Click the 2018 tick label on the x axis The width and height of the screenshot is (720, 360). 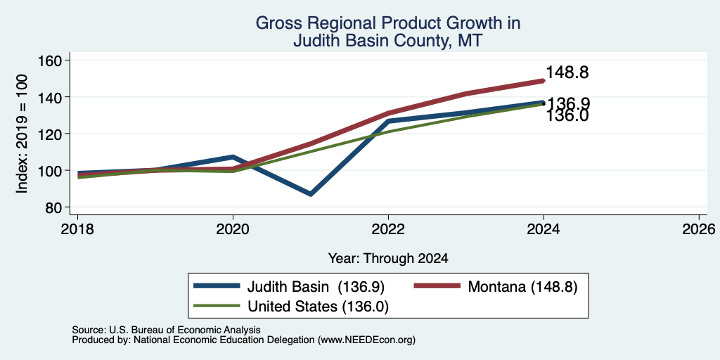click(78, 229)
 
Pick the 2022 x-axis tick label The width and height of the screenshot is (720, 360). click(388, 229)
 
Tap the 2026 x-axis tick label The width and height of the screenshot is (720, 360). click(699, 229)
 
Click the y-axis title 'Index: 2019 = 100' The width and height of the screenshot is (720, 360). click(22, 134)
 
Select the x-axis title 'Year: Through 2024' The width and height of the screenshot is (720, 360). click(388, 259)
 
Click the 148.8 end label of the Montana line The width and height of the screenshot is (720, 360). click(567, 72)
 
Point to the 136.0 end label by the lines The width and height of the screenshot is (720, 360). click(567, 116)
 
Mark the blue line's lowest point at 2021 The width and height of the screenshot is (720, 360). click(311, 194)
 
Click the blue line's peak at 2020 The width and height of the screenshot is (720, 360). click(233, 157)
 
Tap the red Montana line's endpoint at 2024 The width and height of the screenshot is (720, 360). click(544, 80)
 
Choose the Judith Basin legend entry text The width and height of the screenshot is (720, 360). click(316, 287)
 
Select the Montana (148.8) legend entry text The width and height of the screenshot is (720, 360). click(522, 287)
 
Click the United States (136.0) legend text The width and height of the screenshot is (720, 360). click(319, 306)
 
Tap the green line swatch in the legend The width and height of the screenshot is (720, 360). click(217, 306)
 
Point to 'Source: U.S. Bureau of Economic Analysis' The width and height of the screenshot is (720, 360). click(166, 330)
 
